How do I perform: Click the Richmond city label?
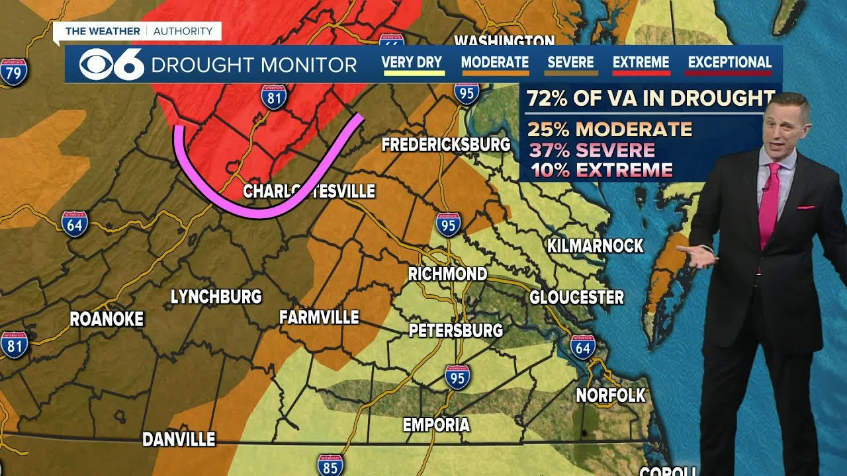click(x=447, y=274)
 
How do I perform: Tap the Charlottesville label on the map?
click(x=309, y=192)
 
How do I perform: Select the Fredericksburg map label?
click(x=446, y=144)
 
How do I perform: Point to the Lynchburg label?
click(x=216, y=297)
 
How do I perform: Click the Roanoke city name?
click(x=107, y=319)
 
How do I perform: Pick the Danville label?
click(x=179, y=440)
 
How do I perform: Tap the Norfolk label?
click(x=610, y=395)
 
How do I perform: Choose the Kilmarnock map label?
click(x=595, y=246)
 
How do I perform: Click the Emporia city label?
click(x=436, y=424)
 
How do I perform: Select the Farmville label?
click(x=319, y=317)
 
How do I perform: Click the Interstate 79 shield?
click(x=14, y=73)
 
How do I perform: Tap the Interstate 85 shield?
click(x=330, y=467)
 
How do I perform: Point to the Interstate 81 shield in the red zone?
click(x=273, y=97)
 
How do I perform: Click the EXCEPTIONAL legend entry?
click(x=729, y=63)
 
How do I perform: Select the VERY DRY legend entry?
click(x=412, y=63)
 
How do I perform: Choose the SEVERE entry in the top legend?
click(x=570, y=63)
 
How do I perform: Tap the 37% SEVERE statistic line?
click(x=592, y=150)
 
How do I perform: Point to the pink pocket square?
click(x=805, y=208)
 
